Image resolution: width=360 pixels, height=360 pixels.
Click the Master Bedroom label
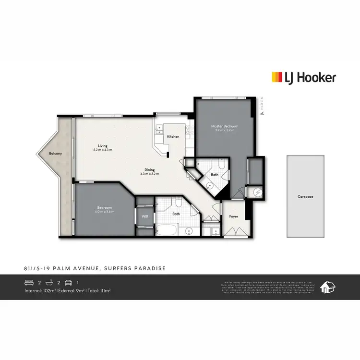click(x=225, y=126)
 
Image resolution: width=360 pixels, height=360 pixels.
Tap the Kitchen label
click(x=173, y=137)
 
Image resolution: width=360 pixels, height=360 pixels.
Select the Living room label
click(x=103, y=146)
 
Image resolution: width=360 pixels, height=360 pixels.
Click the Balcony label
click(x=55, y=154)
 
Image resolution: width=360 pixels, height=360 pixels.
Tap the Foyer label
click(x=233, y=217)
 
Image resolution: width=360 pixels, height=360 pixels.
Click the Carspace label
click(x=305, y=196)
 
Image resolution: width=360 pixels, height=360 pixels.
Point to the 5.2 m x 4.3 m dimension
click(x=103, y=150)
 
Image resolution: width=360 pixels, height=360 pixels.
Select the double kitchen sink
click(x=159, y=130)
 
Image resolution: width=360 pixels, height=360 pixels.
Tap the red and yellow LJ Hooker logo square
click(x=276, y=77)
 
